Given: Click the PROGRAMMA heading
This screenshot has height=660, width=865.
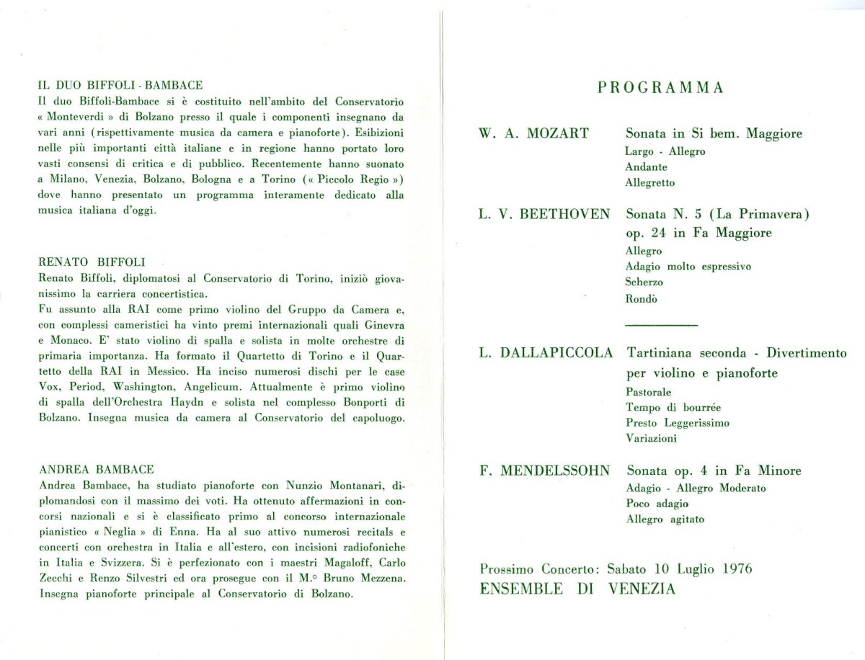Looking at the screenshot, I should tap(661, 88).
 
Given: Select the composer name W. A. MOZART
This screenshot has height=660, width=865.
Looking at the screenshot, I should tap(533, 133).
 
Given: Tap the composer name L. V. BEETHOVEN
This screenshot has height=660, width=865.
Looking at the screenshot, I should tap(544, 214).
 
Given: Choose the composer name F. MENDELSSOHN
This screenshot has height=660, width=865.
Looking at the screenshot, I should tap(544, 471).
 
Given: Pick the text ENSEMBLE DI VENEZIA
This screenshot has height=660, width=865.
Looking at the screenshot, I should tap(578, 589).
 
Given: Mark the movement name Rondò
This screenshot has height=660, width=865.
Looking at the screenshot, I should tap(642, 299).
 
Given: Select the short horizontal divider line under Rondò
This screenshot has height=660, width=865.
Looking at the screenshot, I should tap(662, 326).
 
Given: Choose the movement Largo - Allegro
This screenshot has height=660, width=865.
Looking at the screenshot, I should tap(665, 151).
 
